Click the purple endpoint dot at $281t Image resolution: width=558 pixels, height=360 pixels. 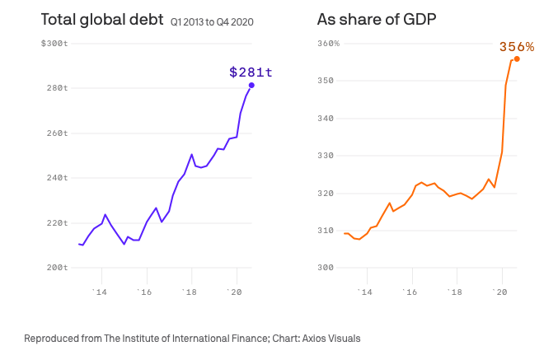tap(251, 85)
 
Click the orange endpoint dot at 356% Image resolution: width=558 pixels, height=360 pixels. tap(517, 58)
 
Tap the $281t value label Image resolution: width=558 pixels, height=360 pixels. tap(251, 72)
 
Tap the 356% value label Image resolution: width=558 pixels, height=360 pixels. tap(517, 47)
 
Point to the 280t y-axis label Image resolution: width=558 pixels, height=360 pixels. tap(56, 88)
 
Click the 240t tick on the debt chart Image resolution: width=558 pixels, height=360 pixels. tap(56, 178)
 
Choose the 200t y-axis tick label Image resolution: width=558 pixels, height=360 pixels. tap(56, 268)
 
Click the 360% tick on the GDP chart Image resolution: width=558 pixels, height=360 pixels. tap(329, 43)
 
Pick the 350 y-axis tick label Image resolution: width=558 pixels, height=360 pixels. tap(327, 81)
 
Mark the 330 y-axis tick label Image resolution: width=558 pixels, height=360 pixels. tap(327, 156)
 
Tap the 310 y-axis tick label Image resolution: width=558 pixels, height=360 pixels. tap(327, 231)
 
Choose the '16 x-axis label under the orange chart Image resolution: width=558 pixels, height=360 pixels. tap(410, 292)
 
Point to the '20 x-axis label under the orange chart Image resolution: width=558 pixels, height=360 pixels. tap(499, 292)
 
